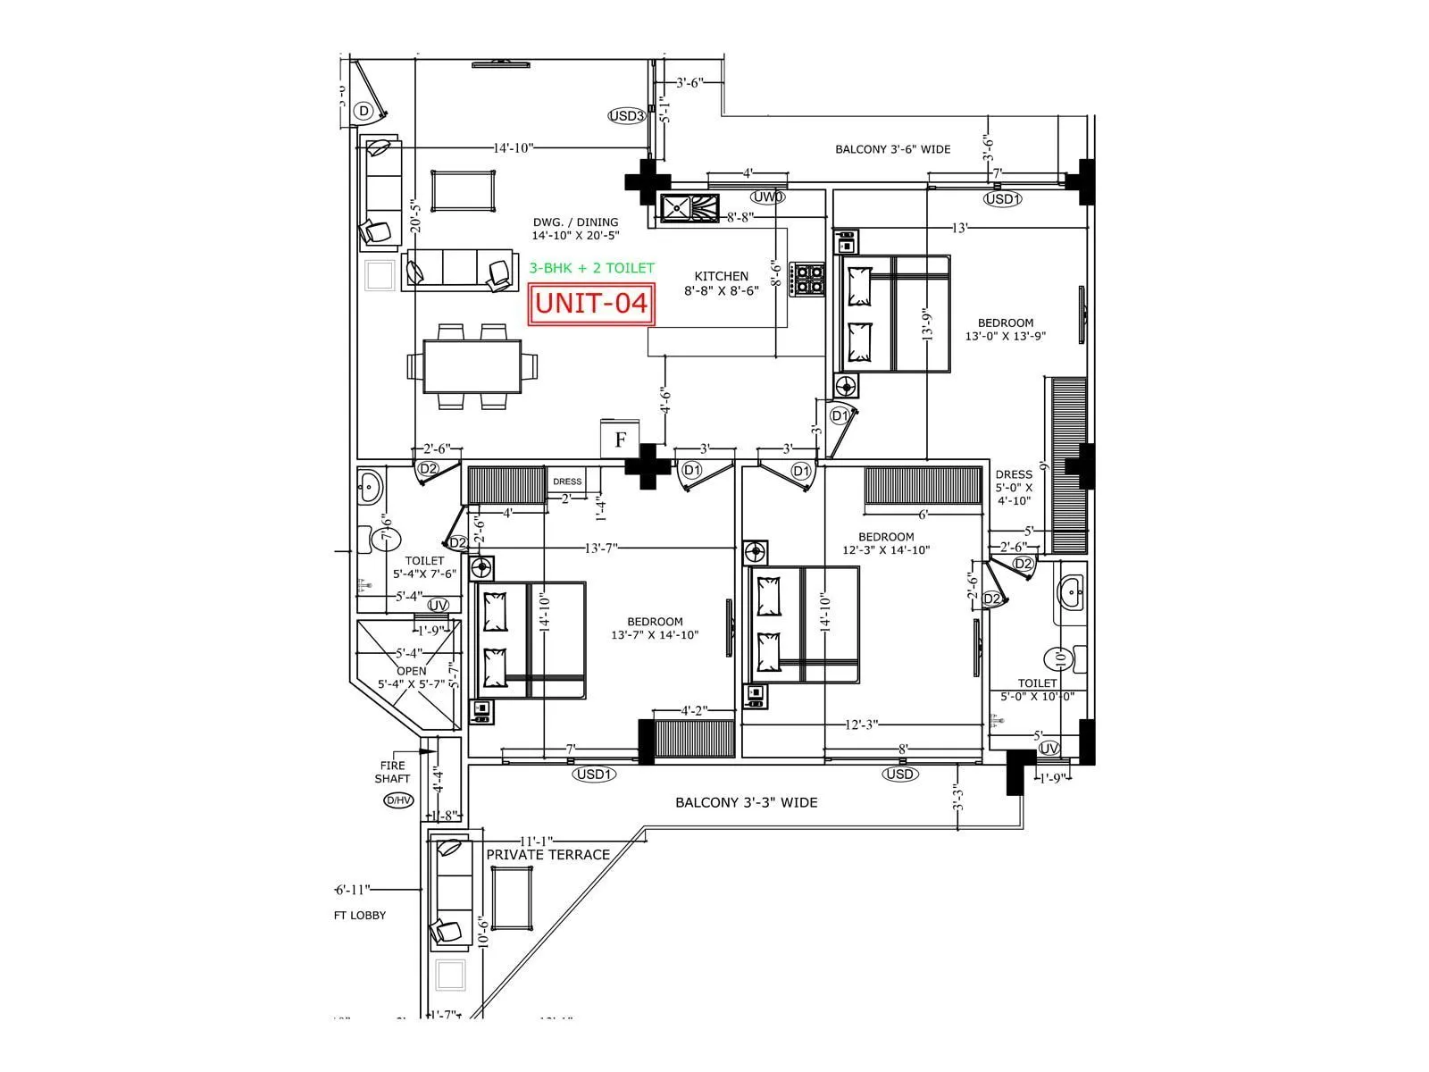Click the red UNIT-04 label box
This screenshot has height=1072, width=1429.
590,304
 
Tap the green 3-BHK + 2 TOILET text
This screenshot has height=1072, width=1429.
592,268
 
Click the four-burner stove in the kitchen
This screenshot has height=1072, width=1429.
811,280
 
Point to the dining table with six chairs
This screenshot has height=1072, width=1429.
472,366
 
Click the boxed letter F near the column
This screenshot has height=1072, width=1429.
621,440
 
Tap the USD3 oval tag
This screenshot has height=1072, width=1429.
627,116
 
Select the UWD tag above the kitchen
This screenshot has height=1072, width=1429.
768,197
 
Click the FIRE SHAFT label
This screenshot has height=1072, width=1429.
392,772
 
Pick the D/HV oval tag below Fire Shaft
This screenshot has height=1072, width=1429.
398,800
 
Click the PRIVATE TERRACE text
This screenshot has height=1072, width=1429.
547,855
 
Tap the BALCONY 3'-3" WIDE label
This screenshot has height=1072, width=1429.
746,802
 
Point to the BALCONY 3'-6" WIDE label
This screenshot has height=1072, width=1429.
892,149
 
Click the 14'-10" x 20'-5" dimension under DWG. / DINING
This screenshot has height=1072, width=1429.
575,236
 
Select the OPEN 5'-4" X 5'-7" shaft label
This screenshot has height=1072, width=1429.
411,677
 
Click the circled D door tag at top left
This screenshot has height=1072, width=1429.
364,111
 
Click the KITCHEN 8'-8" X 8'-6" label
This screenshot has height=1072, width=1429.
722,283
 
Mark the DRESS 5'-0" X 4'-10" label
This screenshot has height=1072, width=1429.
1014,488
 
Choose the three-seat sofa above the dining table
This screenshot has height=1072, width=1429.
461,270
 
